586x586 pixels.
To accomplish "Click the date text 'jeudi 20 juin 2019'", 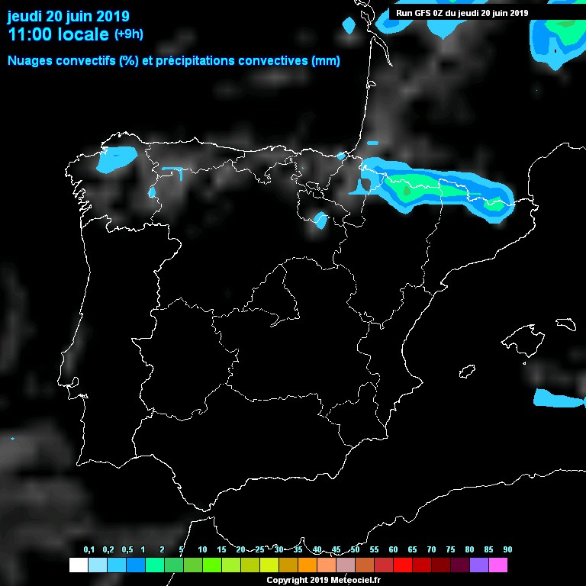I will tap(68, 16).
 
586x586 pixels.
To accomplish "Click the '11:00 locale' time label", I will tap(57, 34).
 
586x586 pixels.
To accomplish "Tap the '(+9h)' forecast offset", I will tap(129, 34).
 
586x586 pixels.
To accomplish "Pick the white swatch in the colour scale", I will tap(78, 565).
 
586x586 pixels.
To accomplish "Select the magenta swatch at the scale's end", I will tap(497, 565).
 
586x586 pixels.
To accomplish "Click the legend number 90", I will tap(507, 550).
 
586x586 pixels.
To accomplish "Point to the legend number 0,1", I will tap(89, 550).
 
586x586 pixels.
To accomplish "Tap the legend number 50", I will tap(355, 550).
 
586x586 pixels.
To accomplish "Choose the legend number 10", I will tap(202, 550).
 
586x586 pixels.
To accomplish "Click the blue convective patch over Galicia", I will tap(116, 159).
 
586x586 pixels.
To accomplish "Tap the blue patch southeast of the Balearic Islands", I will tap(558, 399).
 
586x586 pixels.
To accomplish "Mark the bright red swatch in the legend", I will tap(402, 565).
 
